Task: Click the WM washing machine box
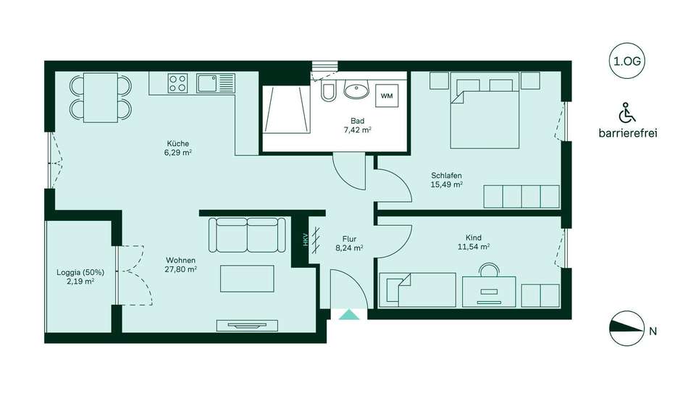(387, 96)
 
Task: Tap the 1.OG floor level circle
(627, 62)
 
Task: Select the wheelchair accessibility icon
(627, 113)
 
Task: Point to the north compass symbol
(627, 329)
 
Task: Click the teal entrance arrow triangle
(349, 315)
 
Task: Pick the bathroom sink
(356, 90)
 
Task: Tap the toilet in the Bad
(328, 90)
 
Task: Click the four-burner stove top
(177, 83)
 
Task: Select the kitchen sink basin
(206, 83)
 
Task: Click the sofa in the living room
(247, 235)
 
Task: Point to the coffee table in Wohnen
(247, 279)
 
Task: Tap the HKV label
(306, 239)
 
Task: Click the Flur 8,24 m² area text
(349, 243)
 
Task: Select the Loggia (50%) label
(80, 272)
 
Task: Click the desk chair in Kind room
(489, 269)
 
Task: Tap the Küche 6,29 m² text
(178, 148)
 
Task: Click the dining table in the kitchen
(101, 98)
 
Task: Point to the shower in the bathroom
(287, 109)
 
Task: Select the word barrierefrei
(628, 133)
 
